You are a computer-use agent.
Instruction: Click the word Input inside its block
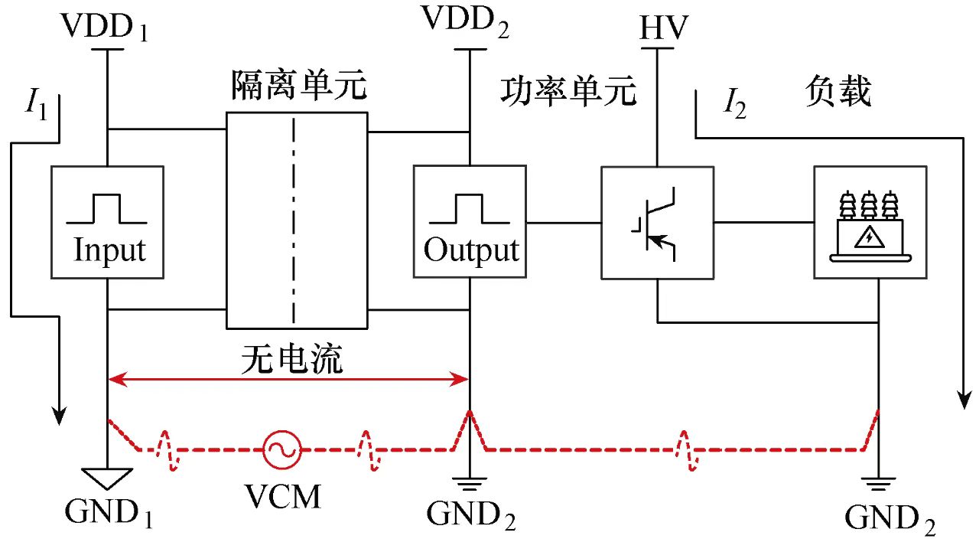(109, 250)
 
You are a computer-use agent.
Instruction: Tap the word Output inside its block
(470, 250)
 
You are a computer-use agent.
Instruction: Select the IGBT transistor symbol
(656, 222)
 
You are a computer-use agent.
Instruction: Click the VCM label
(282, 496)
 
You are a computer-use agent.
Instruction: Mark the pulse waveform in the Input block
(107, 208)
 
